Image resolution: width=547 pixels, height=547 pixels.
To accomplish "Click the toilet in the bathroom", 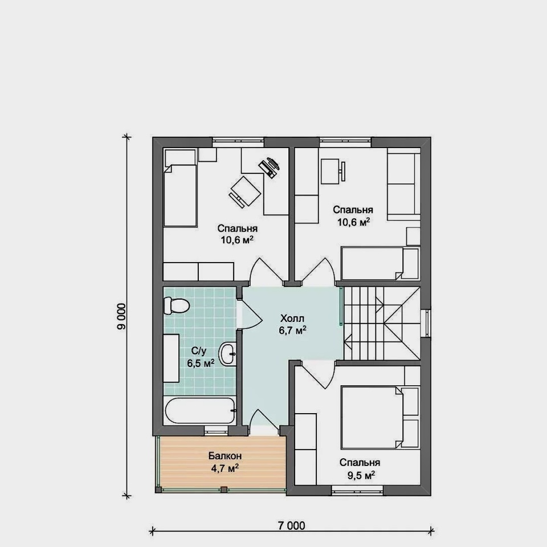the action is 176,305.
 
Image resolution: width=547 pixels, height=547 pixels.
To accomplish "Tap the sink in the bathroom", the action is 228,354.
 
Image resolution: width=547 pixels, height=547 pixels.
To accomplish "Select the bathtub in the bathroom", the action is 200,411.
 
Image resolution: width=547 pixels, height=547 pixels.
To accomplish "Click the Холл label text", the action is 292,318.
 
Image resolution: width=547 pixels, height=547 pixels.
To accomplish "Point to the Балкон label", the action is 225,456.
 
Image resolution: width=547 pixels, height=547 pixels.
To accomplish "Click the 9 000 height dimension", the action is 121,317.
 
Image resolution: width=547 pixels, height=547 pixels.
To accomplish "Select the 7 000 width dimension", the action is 292,525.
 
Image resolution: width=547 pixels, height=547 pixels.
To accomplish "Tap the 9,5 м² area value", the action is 361,475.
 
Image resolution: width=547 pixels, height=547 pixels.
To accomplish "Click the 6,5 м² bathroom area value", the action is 201,363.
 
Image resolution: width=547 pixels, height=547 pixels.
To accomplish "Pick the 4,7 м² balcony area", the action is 225,468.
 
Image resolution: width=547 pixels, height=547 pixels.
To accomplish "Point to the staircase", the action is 382,324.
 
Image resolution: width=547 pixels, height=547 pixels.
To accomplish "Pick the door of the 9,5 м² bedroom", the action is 315,375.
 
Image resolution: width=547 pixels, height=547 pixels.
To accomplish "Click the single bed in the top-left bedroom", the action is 180,188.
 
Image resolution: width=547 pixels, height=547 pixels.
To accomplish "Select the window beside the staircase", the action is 426,324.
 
